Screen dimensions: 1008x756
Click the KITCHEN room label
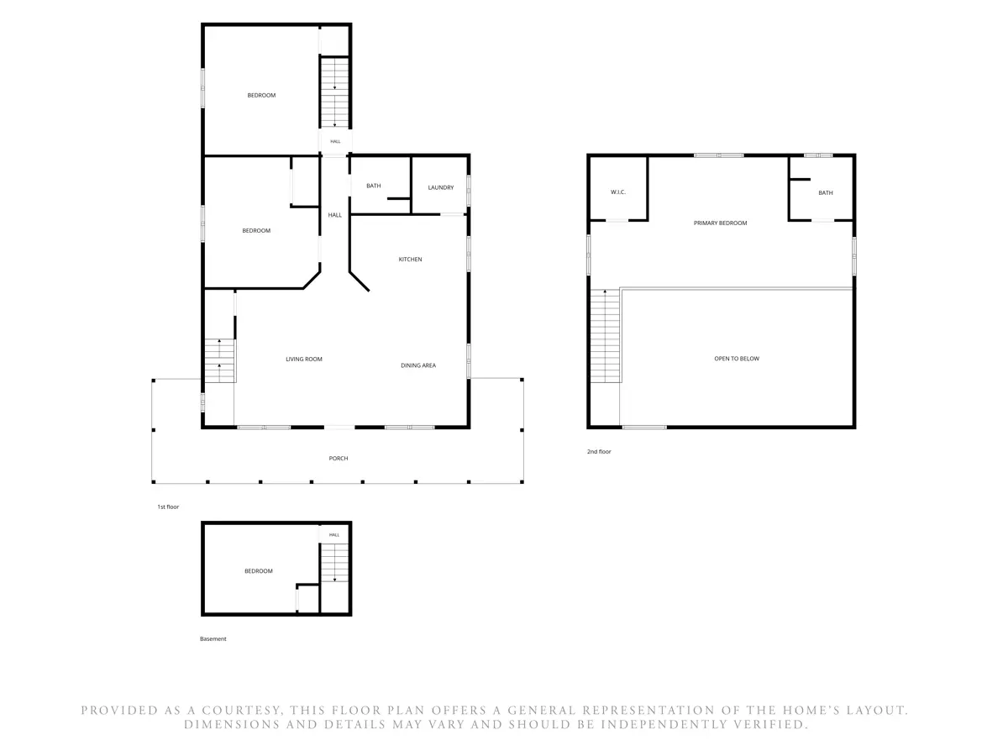click(410, 260)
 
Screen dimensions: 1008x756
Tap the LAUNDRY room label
click(440, 187)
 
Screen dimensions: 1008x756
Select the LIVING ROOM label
click(303, 359)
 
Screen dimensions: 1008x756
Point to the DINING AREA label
click(417, 365)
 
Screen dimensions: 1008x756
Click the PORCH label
click(338, 458)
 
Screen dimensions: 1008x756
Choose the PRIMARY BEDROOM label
click(720, 223)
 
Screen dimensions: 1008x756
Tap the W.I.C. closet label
click(617, 192)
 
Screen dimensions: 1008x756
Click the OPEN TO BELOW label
click(736, 359)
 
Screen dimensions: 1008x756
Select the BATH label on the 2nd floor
click(825, 193)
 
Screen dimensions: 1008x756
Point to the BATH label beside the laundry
click(373, 186)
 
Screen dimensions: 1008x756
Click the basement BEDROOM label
click(258, 571)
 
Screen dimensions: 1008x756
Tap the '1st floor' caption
click(168, 507)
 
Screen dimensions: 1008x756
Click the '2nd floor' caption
click(598, 452)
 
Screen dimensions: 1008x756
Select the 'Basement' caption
click(213, 638)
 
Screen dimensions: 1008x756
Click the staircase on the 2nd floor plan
click(605, 336)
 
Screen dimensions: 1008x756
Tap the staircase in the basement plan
click(334, 563)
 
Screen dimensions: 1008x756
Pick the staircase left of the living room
click(219, 361)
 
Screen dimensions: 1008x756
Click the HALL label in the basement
click(333, 535)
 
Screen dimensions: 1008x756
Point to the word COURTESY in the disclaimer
click(240, 710)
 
